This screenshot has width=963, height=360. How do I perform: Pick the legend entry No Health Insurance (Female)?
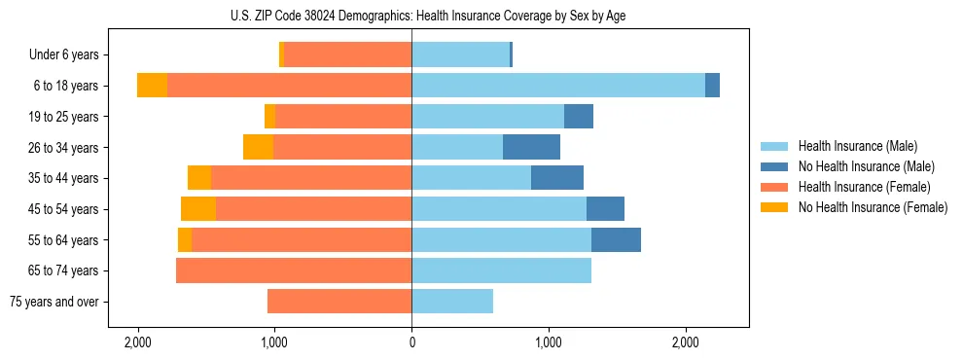coord(873,207)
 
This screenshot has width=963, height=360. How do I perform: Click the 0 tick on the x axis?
coord(411,342)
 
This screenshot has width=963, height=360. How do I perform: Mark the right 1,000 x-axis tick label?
coord(549,342)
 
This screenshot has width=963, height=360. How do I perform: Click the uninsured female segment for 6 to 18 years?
coord(152,86)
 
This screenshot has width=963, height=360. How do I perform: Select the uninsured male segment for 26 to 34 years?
coord(531,147)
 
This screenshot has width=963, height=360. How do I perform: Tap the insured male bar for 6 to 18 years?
coord(558,86)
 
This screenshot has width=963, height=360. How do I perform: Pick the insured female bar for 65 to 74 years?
coord(294,270)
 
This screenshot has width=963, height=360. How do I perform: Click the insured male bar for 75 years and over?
coord(452,302)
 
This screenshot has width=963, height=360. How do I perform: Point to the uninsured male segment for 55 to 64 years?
coord(616,239)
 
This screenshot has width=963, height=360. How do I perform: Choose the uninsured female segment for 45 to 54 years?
coord(198,209)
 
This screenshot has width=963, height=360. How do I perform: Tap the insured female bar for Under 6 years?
coord(347,54)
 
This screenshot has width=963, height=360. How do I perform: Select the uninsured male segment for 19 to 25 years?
coord(579,117)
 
